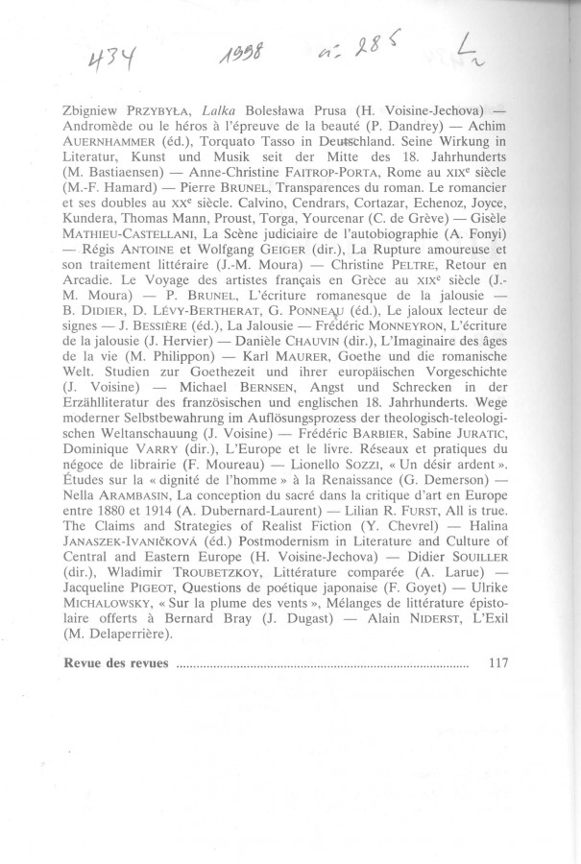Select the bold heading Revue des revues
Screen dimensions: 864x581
tap(116, 663)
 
